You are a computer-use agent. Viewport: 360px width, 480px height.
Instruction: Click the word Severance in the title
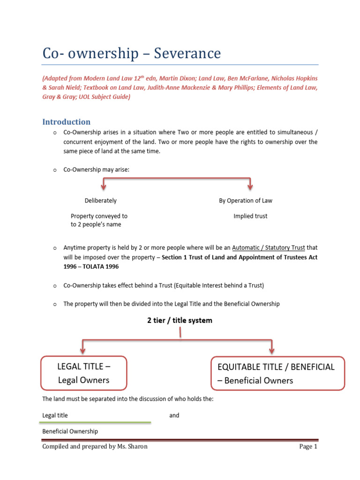coord(189,53)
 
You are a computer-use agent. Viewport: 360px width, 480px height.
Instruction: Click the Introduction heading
coord(66,122)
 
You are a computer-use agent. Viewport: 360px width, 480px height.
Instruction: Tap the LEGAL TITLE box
coord(83,373)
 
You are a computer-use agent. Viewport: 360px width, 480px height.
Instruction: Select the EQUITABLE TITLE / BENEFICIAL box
coord(273,373)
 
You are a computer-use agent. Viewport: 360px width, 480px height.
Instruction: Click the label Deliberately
coord(100,201)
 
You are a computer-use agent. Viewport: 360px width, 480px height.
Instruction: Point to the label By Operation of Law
coord(245,201)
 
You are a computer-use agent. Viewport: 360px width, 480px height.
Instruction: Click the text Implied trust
coord(250,216)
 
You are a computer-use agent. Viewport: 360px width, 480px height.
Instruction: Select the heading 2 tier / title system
coord(180,321)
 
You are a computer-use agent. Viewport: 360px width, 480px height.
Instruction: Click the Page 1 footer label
coord(308,447)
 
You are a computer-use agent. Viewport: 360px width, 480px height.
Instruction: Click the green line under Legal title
coord(97,422)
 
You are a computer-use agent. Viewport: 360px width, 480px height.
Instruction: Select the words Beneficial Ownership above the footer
coord(70,431)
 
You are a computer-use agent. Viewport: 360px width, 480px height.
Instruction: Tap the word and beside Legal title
coord(174,415)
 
